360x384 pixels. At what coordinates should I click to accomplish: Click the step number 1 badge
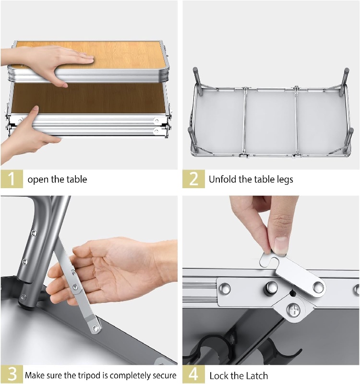12,179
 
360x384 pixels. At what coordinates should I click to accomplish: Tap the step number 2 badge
193,179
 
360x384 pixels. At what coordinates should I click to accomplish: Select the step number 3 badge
12,374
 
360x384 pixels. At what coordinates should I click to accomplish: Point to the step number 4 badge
193,374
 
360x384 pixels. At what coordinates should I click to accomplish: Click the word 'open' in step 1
38,180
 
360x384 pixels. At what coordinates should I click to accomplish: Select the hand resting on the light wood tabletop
62,60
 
